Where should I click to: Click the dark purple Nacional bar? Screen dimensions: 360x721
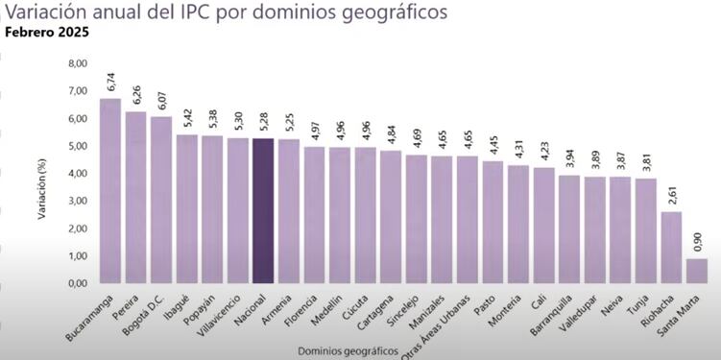(x=263, y=211)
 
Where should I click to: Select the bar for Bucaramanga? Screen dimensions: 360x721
(x=110, y=191)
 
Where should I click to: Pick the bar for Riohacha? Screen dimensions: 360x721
(x=671, y=248)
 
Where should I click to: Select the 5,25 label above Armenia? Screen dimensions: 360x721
(x=289, y=121)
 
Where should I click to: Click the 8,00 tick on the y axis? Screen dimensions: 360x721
(x=77, y=63)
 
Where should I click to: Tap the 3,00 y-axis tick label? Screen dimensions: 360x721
(x=77, y=202)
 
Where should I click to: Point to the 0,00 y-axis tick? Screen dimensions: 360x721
(x=77, y=284)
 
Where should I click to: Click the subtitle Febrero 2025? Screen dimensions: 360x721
(x=48, y=31)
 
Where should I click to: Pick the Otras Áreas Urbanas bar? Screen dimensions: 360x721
(x=468, y=220)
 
